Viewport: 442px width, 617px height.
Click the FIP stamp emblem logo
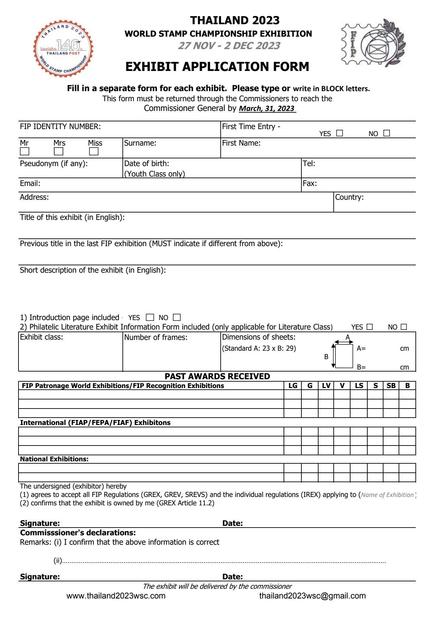(x=373, y=43)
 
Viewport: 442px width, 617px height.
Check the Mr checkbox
(x=25, y=151)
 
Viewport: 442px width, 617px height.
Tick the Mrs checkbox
(x=59, y=151)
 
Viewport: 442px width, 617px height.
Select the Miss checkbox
(x=94, y=151)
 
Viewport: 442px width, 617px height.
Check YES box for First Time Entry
(x=340, y=133)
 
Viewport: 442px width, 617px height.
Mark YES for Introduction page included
(x=150, y=317)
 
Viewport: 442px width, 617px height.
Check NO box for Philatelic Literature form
(x=404, y=327)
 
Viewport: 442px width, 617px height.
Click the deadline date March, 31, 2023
(x=267, y=109)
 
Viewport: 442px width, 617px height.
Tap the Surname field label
(x=140, y=143)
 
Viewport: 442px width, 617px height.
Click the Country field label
(x=349, y=197)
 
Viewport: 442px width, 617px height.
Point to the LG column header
(x=293, y=386)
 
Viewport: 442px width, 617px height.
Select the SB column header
(x=391, y=386)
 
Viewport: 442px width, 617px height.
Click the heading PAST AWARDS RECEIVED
(x=217, y=376)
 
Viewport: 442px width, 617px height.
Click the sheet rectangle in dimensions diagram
(x=344, y=356)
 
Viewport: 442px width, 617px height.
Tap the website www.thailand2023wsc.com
(x=116, y=596)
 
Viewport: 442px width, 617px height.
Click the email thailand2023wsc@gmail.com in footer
(x=312, y=596)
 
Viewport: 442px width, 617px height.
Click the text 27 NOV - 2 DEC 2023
(x=229, y=46)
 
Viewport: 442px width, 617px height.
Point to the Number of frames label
(x=156, y=337)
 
